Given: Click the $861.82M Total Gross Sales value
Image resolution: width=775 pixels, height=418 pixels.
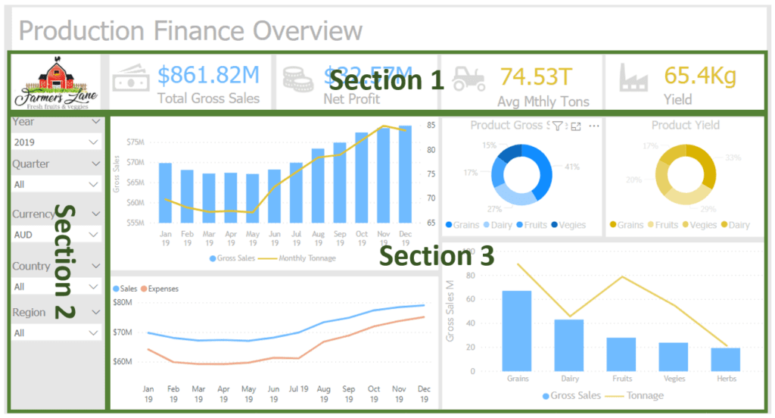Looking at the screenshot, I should pos(208,75).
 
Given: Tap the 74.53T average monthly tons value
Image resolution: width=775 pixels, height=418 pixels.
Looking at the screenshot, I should pos(536,76).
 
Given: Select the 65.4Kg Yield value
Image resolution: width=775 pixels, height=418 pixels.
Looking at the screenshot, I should pos(699,75).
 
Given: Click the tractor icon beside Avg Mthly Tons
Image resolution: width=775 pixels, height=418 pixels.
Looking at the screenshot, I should pos(469,78).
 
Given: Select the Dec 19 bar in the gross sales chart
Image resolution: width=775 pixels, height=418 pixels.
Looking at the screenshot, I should pos(405,174).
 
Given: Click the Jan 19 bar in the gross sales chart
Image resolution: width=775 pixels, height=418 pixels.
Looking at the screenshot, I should pos(165,192).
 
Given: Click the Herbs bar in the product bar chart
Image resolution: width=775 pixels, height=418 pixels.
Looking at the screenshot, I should pos(725,359).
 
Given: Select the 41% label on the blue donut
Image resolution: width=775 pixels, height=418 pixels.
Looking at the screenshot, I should pos(572,167).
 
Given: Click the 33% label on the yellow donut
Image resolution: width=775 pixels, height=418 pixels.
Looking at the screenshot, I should pos(733,158).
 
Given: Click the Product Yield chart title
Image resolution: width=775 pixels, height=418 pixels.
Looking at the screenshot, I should pos(685,125).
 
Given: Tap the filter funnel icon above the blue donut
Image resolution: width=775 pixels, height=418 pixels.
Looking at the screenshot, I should pos(557,126).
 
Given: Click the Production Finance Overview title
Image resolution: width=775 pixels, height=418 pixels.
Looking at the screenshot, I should pos(190,31).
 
